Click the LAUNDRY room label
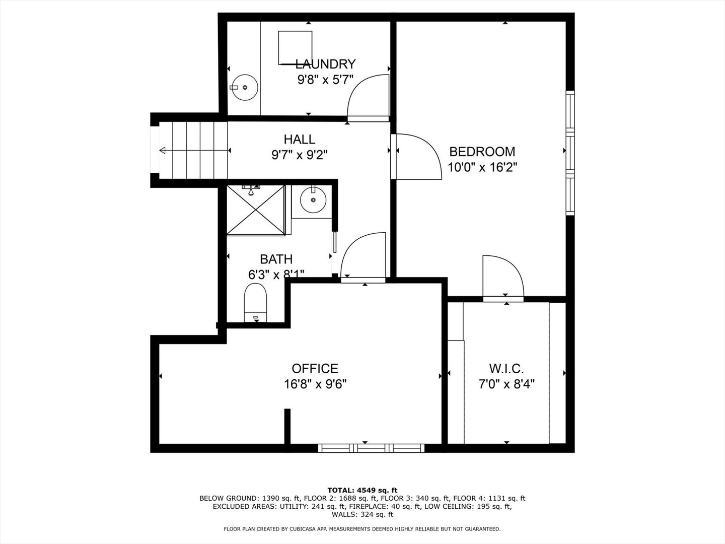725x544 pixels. (325, 64)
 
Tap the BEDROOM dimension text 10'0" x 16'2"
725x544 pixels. (482, 167)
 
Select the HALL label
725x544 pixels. (299, 139)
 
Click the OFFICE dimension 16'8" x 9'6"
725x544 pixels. (315, 384)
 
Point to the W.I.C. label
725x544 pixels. (506, 368)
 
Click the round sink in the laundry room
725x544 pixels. (245, 87)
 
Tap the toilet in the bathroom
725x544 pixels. (255, 301)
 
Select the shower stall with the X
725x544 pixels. (256, 210)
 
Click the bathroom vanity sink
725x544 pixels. (313, 200)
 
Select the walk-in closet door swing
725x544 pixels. (502, 277)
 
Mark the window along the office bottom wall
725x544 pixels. (371, 448)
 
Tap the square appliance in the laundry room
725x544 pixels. (295, 47)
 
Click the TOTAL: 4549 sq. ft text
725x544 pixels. (362, 490)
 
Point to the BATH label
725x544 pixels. (276, 259)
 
